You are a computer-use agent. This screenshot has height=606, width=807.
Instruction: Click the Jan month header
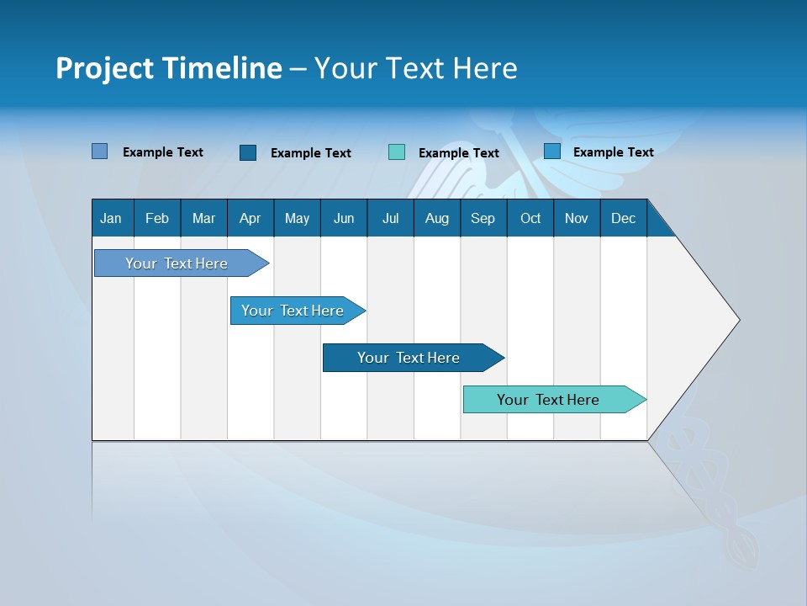(x=111, y=218)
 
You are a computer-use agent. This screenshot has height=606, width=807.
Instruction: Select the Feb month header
(x=157, y=218)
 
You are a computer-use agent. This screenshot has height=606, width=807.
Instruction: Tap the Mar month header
(x=203, y=218)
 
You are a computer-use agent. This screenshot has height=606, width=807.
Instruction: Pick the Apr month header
(x=250, y=218)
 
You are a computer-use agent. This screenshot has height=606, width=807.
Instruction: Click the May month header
(x=297, y=218)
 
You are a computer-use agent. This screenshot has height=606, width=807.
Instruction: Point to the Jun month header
(x=344, y=218)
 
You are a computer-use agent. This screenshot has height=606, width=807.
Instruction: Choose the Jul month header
(x=390, y=218)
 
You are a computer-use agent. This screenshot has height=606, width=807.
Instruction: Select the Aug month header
(x=436, y=218)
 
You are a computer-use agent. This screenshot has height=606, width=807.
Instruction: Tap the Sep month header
(x=483, y=218)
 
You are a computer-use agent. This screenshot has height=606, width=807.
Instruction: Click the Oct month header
(x=530, y=218)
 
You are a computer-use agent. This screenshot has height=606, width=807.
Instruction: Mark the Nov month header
(x=577, y=218)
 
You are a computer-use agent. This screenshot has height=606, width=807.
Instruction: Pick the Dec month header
(x=623, y=218)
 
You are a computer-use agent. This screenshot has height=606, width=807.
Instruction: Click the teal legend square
(x=397, y=152)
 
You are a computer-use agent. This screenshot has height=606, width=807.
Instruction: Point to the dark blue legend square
(x=248, y=152)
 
